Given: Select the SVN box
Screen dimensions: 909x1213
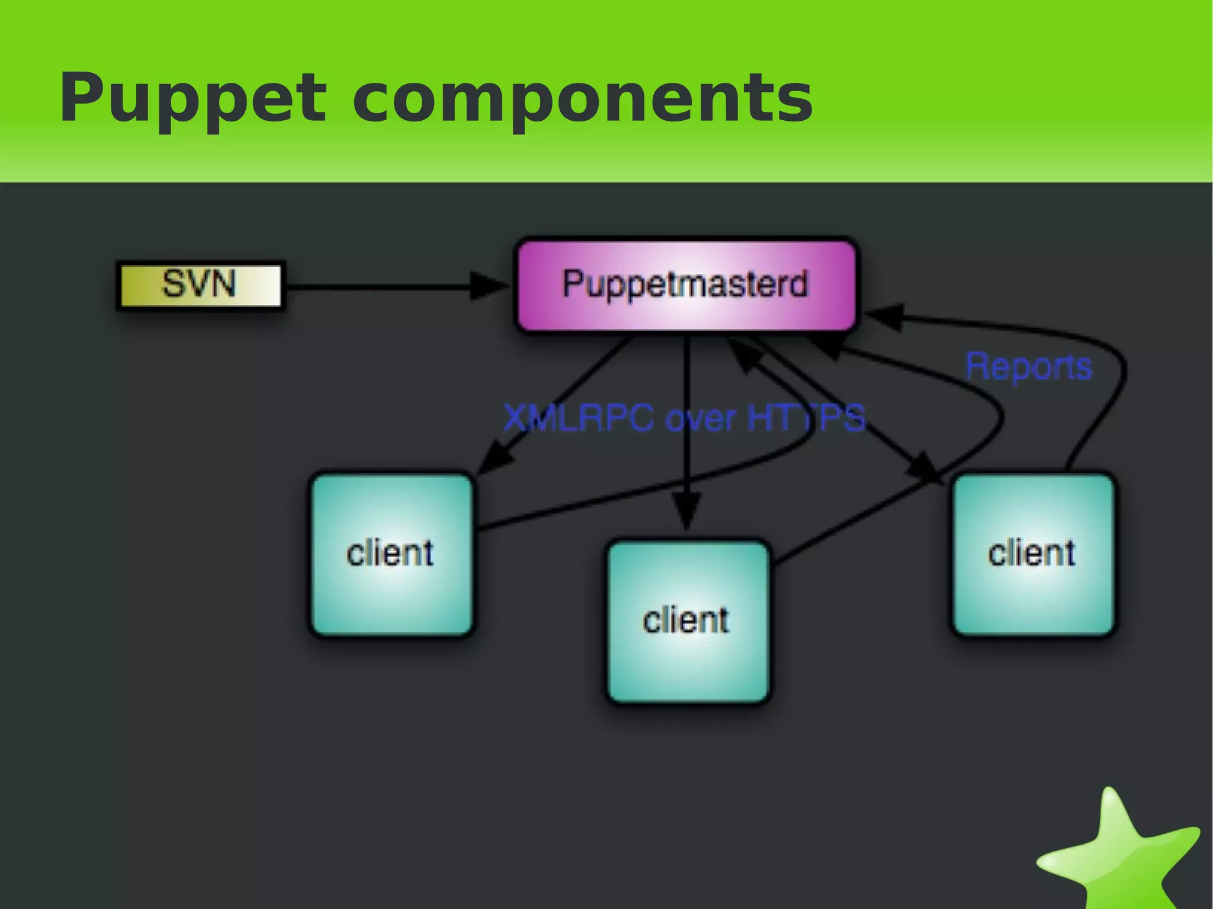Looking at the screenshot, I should pyautogui.click(x=200, y=285).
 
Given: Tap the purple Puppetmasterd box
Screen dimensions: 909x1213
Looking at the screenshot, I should pyautogui.click(x=686, y=285).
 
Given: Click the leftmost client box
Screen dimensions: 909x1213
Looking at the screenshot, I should pyautogui.click(x=392, y=554).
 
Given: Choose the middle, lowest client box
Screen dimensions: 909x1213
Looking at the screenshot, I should pyautogui.click(x=688, y=621).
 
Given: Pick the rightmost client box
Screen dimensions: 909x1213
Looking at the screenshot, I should pyautogui.click(x=1032, y=554).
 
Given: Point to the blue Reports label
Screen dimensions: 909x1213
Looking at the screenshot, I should pyautogui.click(x=1029, y=367).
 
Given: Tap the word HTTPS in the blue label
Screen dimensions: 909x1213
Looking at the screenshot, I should pyautogui.click(x=806, y=418).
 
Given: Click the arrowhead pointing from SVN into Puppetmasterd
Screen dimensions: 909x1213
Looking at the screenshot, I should pyautogui.click(x=489, y=286).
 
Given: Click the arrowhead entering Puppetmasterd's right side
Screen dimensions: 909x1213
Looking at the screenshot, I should pyautogui.click(x=885, y=316).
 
